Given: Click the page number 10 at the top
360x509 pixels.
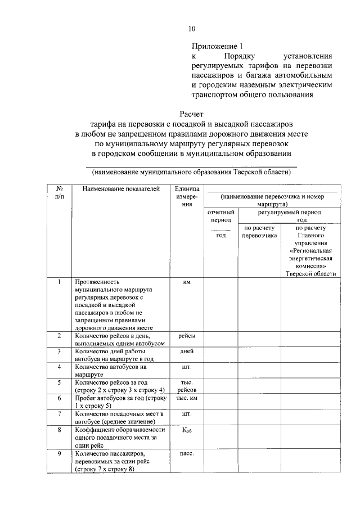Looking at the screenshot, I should coord(192,29).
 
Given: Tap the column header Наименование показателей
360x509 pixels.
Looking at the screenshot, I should coord(121,189).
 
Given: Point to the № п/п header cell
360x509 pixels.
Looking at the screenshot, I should coord(59,193).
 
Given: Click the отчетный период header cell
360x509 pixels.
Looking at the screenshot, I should coord(220,217).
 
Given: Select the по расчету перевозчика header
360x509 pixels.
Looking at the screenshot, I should coord(259,232).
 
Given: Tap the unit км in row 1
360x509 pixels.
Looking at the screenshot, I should coord(187,282).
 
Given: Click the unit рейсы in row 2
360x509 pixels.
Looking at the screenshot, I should coord(187,336).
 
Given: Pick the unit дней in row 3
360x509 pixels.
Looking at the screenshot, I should coord(187,351).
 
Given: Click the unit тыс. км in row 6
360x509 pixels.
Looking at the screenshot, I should coord(187,398).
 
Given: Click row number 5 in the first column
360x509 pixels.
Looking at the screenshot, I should coord(59,382).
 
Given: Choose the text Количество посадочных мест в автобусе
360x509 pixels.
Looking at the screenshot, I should coord(118,417).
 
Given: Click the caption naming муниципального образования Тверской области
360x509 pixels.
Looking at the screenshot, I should coord(191,172).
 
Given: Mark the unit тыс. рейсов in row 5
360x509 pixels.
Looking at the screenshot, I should coord(187,386).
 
